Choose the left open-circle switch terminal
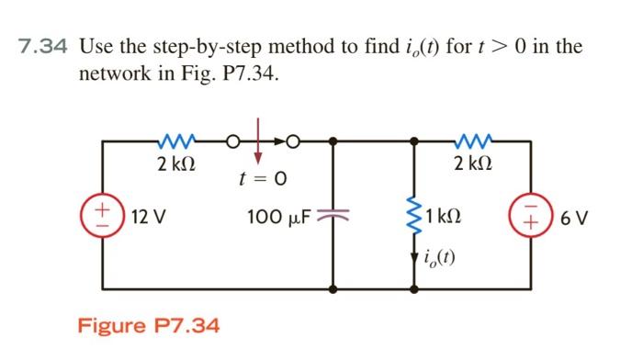click(x=234, y=141)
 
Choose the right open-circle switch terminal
click(x=293, y=141)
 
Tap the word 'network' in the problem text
click(x=118, y=73)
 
